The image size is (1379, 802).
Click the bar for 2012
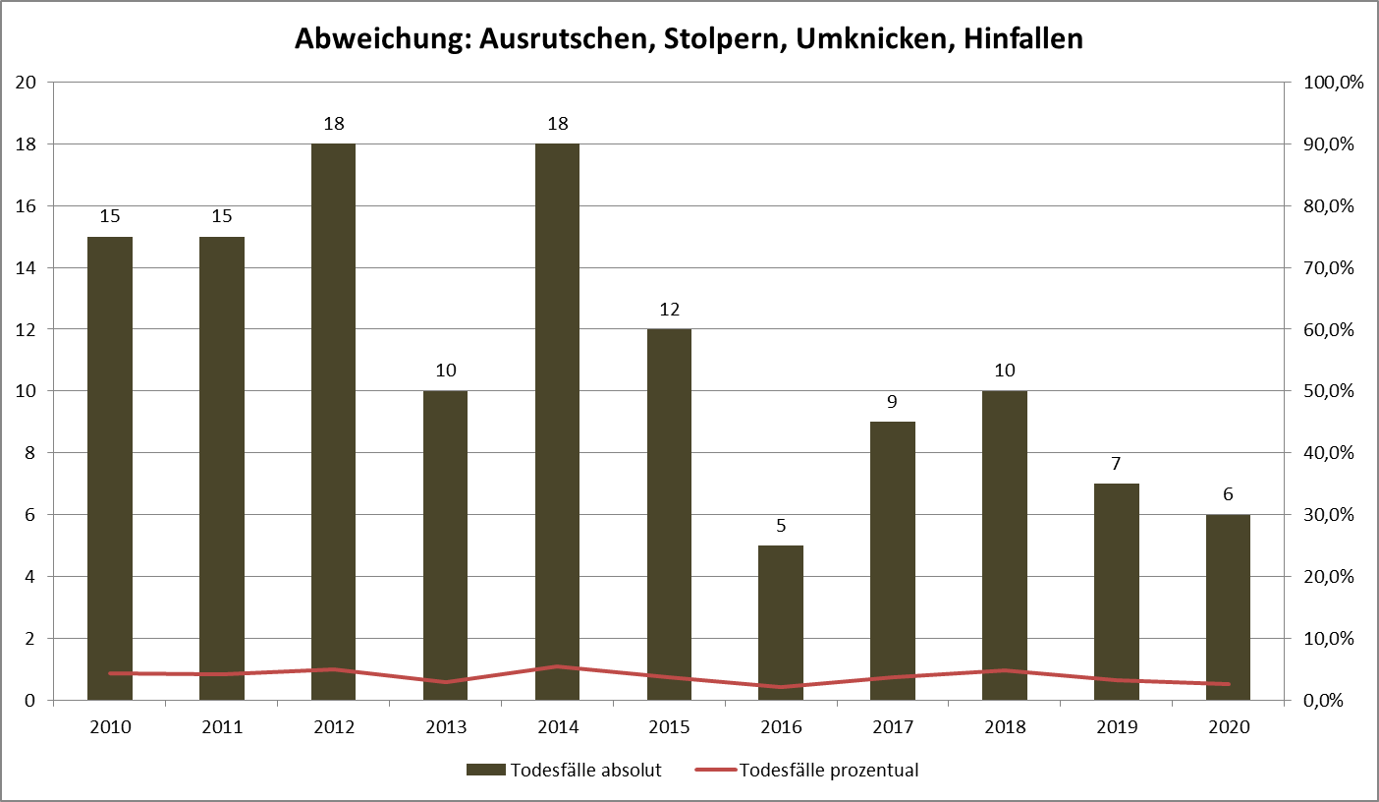[x=333, y=422]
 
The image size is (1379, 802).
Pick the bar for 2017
[x=893, y=560]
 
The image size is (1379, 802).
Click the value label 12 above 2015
[x=669, y=309]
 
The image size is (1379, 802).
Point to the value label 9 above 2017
[x=893, y=401]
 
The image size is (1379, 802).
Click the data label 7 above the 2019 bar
[x=1117, y=463]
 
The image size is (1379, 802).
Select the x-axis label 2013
[x=445, y=727]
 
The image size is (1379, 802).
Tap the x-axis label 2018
[x=1005, y=727]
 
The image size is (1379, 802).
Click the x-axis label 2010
[x=109, y=727]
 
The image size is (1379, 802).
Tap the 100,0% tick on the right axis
[x=1332, y=83]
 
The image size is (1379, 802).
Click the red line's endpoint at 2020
[x=1228, y=684]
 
